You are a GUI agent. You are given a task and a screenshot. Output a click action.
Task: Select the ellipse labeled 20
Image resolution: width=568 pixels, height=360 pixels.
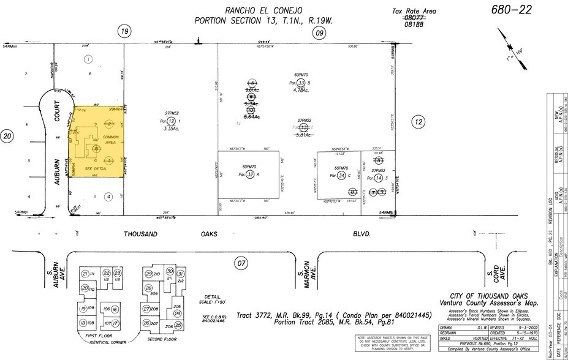[x=7, y=136]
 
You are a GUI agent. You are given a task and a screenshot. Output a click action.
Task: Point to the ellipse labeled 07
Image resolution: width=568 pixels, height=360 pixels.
[x=242, y=264]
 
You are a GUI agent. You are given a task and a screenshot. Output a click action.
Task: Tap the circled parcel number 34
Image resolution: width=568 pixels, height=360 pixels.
[x=341, y=176]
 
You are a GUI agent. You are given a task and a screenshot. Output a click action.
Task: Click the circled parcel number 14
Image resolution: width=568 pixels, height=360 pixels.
[x=378, y=177]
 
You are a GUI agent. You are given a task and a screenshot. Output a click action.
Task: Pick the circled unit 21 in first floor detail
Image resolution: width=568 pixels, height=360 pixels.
[x=86, y=274]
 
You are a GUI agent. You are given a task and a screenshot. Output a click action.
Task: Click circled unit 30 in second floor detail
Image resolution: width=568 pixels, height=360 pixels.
[x=170, y=272]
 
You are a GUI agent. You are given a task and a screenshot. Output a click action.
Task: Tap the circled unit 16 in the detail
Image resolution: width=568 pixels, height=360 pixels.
[x=115, y=310]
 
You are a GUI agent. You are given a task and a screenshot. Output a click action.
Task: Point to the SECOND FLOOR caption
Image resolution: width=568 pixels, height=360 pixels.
[x=162, y=339]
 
